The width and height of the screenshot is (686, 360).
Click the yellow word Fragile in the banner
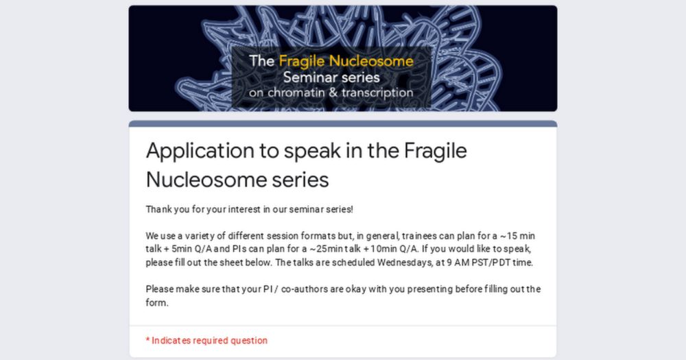(302, 62)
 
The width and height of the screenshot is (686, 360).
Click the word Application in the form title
(200, 152)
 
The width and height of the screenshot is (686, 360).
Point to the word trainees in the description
(419, 236)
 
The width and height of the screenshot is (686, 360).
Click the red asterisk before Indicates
(148, 339)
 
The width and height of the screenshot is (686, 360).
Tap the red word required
(211, 341)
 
